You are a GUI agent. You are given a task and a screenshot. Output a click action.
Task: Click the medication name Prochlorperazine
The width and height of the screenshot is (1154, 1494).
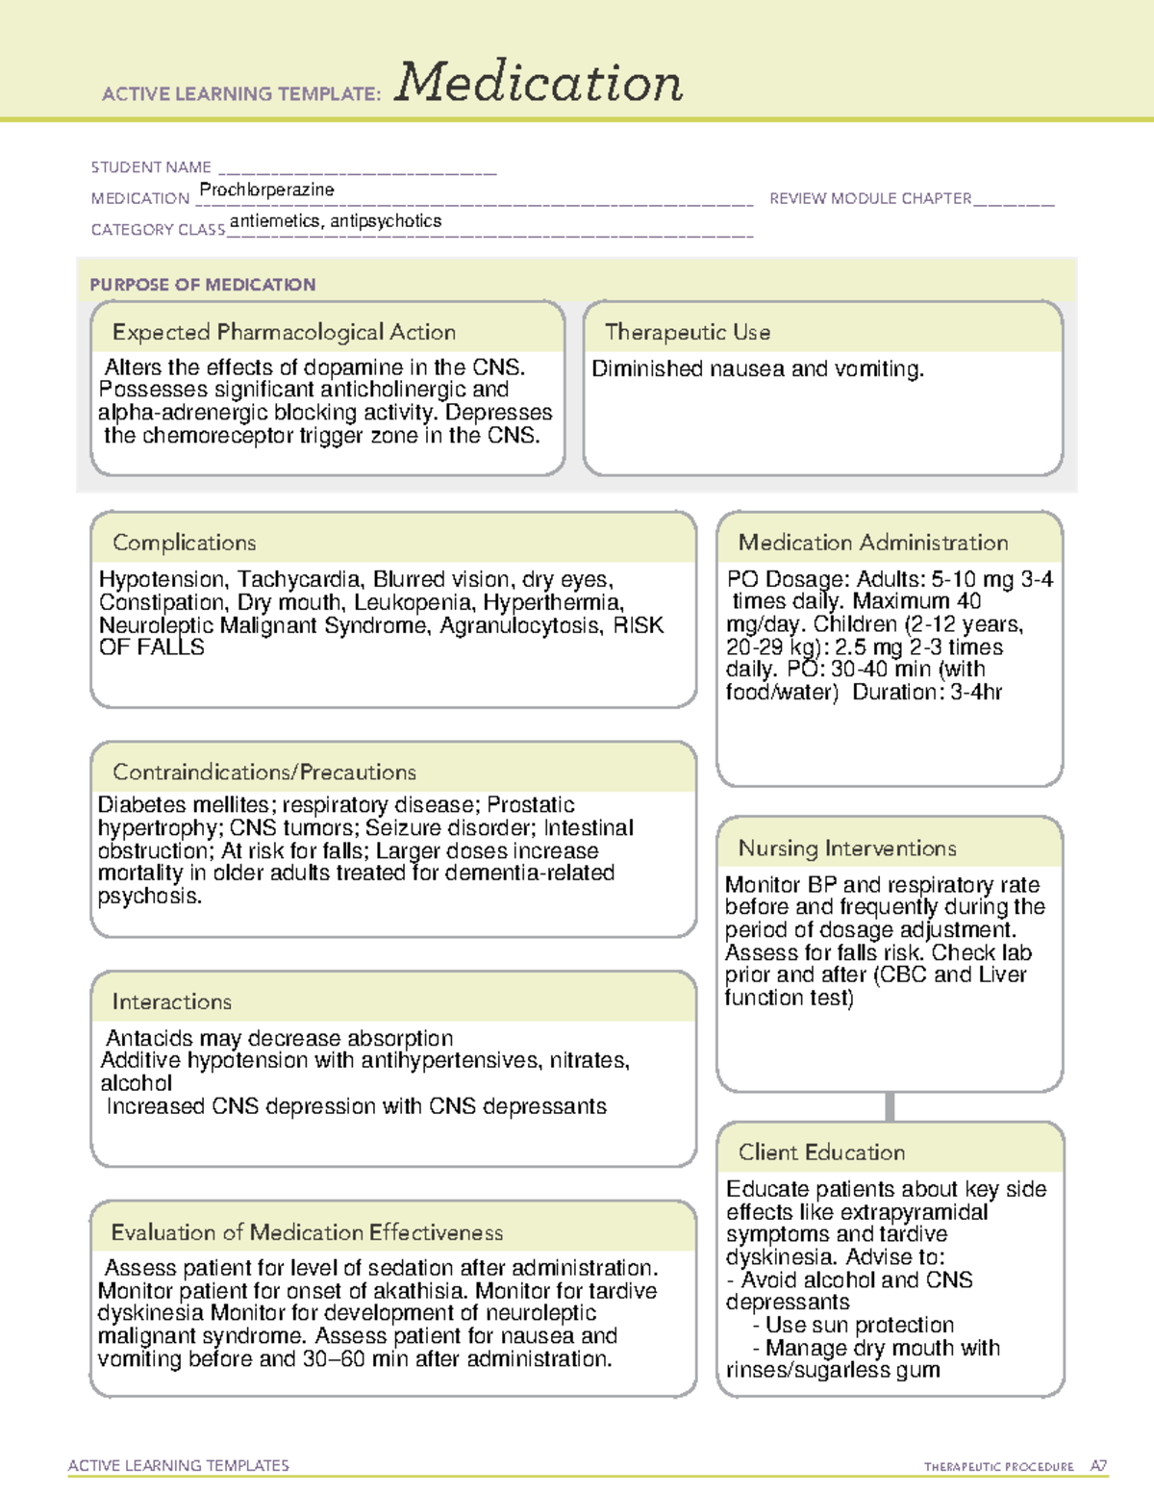[x=266, y=190]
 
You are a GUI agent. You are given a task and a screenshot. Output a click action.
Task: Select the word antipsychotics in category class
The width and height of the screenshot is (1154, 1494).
[x=386, y=220]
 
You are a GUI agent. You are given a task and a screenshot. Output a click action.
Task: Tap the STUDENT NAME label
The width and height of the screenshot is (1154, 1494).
[x=151, y=167]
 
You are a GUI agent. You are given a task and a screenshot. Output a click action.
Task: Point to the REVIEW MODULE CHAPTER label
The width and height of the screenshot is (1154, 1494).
[x=870, y=198]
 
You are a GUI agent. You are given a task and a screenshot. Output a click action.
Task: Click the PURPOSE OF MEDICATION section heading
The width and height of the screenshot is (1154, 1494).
[x=202, y=285]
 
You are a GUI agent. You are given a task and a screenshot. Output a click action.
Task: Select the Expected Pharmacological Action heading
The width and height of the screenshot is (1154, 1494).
[x=284, y=332]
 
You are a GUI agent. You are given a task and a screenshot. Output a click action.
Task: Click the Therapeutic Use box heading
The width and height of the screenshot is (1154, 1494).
[x=688, y=332]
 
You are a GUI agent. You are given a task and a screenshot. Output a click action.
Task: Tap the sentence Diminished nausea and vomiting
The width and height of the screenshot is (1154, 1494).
[x=758, y=368]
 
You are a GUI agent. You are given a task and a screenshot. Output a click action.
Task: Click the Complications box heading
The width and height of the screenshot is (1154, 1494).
[x=184, y=543]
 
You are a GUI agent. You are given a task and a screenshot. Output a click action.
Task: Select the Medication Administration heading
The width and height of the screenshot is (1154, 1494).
[x=873, y=543]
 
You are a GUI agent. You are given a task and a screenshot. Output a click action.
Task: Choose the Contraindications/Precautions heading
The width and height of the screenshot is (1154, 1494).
[x=264, y=772]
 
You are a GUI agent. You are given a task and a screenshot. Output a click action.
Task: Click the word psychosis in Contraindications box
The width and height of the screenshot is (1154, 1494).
[x=149, y=896]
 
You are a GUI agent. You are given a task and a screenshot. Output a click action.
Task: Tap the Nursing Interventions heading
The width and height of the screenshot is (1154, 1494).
[x=847, y=848]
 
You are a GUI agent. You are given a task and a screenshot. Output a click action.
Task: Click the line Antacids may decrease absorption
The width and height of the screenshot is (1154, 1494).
[x=279, y=1038]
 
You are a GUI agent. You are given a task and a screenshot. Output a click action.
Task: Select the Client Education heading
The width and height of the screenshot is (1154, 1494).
[x=821, y=1152]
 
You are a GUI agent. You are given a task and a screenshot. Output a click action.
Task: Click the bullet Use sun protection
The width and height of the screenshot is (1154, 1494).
[x=859, y=1325]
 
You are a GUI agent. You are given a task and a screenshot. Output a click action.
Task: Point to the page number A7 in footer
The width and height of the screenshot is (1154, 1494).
[x=1097, y=1466]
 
